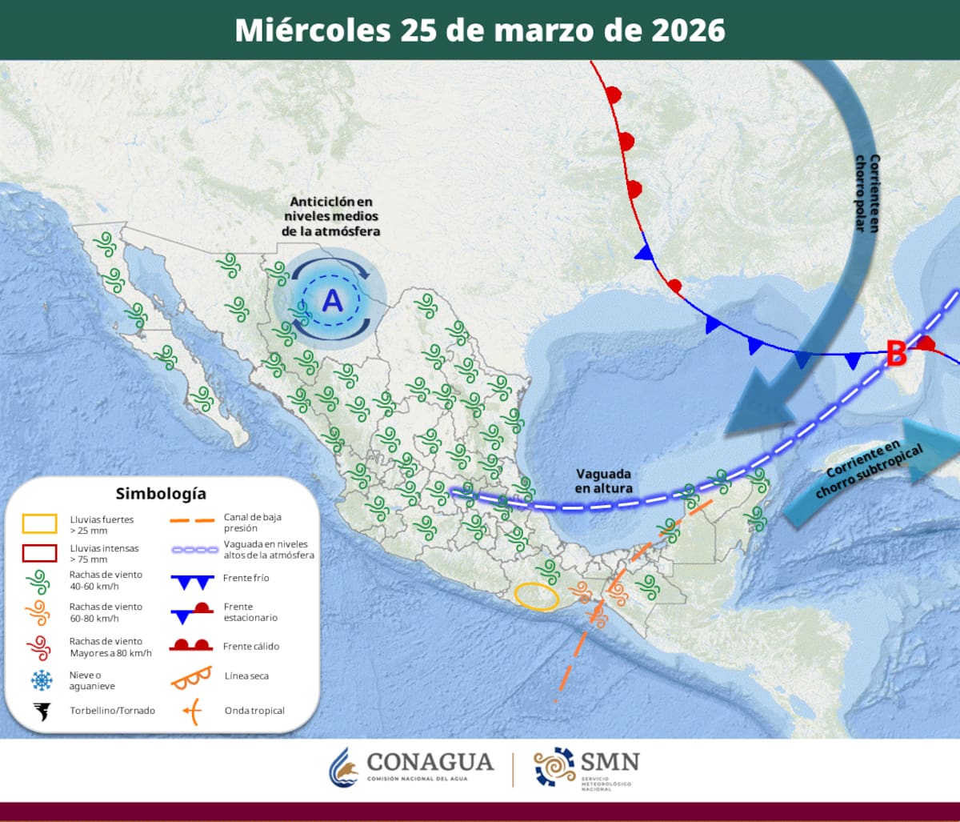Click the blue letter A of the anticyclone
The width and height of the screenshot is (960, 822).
coord(331,301)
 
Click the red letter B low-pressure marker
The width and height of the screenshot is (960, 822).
coord(896,353)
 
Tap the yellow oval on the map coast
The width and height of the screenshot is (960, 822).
coord(536,596)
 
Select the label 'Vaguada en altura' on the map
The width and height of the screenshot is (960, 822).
coord(604,481)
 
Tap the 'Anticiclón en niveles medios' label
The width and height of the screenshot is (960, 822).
coord(331,216)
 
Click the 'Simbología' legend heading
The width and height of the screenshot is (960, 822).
coord(160,493)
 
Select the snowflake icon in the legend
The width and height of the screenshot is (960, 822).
coord(40,680)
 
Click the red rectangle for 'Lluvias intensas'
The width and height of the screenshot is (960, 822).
coord(39,553)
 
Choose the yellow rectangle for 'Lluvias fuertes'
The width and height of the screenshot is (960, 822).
coord(39,523)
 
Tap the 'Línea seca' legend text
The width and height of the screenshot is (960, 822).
coord(246,676)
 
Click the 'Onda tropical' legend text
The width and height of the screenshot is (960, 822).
coord(254,711)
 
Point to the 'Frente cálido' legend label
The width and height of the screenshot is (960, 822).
coord(251,646)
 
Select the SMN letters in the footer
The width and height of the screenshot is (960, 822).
coord(610,760)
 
